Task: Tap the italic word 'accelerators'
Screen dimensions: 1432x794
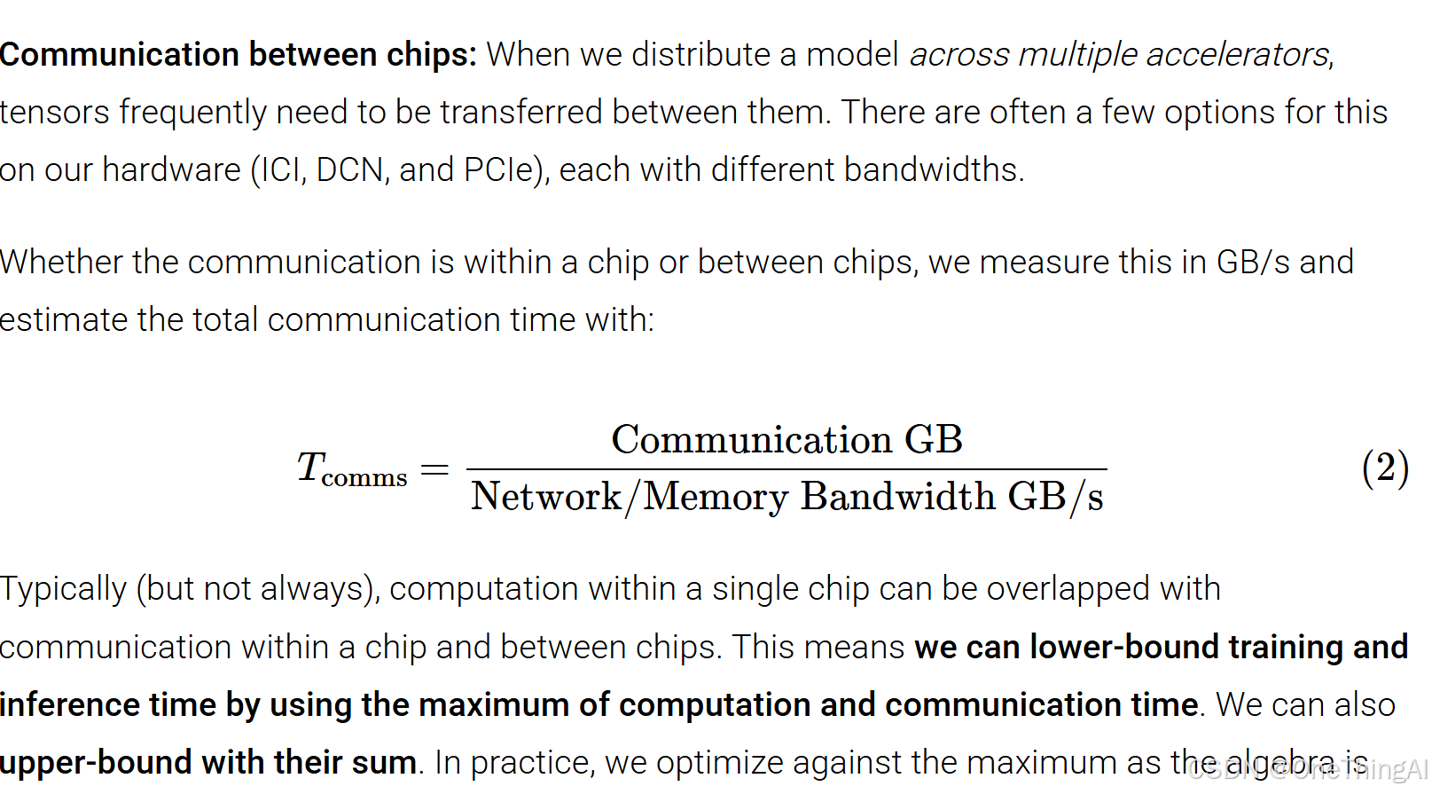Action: [x=1238, y=55]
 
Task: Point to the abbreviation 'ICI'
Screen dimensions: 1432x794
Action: [x=281, y=169]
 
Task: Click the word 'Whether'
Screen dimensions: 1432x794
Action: [x=61, y=263]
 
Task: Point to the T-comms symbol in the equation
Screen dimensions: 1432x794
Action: [x=351, y=468]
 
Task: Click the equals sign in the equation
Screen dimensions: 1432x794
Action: [x=434, y=468]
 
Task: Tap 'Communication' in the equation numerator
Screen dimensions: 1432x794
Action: [x=751, y=440]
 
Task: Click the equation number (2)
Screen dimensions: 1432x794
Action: [x=1385, y=468]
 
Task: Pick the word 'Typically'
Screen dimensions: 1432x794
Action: [x=63, y=589]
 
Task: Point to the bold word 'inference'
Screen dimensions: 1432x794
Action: [x=70, y=705]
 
